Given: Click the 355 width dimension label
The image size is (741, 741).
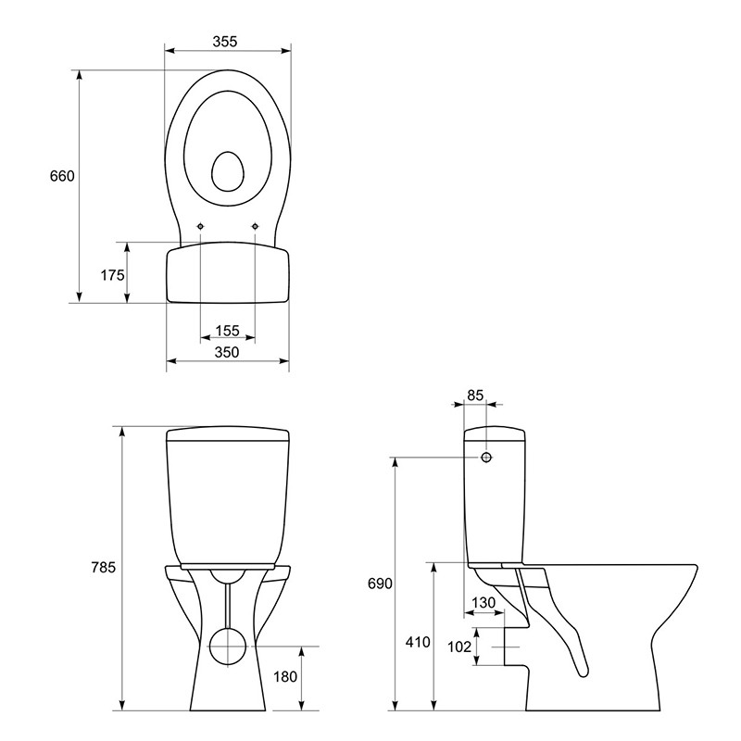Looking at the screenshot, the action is pyautogui.click(x=224, y=42).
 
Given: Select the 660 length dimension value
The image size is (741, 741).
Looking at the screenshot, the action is pyautogui.click(x=62, y=176).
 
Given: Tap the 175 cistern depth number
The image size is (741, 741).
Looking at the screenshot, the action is pyautogui.click(x=112, y=274).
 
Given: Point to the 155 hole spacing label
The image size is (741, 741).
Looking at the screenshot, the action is pyautogui.click(x=227, y=331).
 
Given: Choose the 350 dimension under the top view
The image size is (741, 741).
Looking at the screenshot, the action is pyautogui.click(x=227, y=352).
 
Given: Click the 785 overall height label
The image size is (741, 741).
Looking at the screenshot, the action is pyautogui.click(x=104, y=567).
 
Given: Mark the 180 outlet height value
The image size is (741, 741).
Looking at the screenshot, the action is pyautogui.click(x=285, y=677).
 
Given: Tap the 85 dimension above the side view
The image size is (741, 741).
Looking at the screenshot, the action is pyautogui.click(x=475, y=396).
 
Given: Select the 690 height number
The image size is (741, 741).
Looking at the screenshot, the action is pyautogui.click(x=380, y=584).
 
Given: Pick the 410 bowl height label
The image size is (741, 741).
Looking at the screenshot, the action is pyautogui.click(x=418, y=642).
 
